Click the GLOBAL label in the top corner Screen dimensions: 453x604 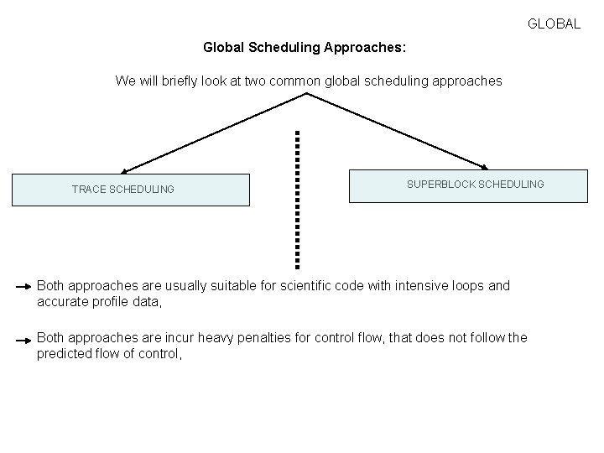554,24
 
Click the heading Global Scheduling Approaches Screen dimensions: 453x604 305,48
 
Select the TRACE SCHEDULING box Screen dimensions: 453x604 130,190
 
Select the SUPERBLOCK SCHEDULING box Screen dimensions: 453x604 468,186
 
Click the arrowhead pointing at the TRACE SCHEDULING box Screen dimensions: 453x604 123,171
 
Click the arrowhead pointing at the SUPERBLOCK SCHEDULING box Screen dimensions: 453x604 485,167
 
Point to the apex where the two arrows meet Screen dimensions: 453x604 307,94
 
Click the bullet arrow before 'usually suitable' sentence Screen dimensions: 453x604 24,287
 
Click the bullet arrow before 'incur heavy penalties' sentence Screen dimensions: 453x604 24,339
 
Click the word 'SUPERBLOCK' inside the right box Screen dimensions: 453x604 440,184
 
